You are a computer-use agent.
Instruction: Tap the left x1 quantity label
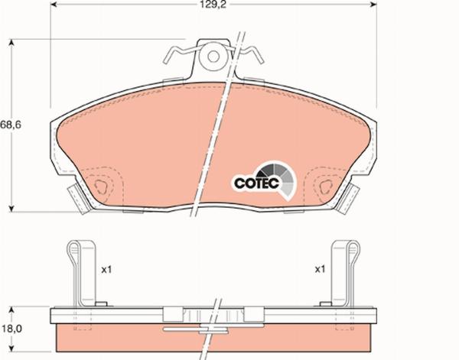point(107,270)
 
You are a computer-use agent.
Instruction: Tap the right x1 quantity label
point(320,270)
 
